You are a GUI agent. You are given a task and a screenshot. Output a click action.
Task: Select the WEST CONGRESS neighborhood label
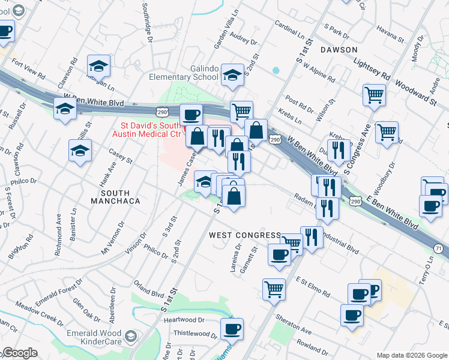tap(244, 235)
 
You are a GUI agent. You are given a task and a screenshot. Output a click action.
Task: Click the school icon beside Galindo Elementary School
tap(231, 75)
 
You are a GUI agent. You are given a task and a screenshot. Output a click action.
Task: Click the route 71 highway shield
tap(439, 248)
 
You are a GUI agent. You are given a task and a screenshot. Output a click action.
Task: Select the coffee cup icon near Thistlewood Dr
tap(232, 328)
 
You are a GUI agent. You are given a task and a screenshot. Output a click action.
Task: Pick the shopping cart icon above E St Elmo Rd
tap(274, 289)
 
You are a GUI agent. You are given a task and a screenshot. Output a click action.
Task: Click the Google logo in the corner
tap(20, 353)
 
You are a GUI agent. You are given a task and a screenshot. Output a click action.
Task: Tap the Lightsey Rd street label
tap(372, 69)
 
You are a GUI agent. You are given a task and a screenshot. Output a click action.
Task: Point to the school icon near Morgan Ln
tap(99, 66)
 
